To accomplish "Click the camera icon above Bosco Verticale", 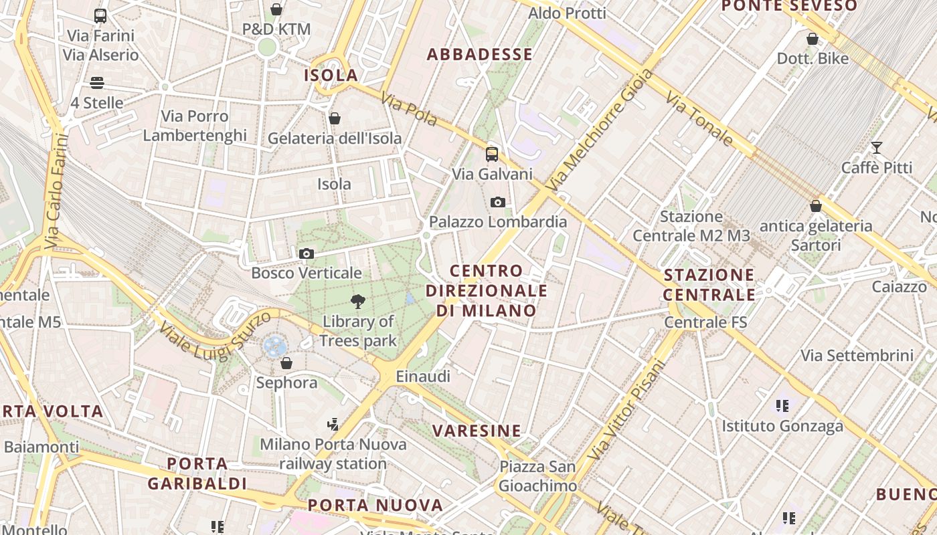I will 307,254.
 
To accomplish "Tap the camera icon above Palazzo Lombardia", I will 497,203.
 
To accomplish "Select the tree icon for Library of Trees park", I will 358,302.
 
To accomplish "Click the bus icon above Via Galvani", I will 492,154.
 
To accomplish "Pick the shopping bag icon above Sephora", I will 286,363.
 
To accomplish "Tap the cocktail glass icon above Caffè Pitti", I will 877,148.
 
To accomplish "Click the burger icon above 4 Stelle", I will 97,83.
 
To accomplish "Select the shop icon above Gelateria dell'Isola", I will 335,119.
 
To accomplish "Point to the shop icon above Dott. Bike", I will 813,39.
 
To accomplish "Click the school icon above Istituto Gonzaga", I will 782,405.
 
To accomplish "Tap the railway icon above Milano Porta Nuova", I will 333,424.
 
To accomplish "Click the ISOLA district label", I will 331,75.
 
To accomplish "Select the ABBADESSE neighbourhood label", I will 480,55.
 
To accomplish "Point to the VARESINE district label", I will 477,431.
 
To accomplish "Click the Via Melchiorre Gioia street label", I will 598,130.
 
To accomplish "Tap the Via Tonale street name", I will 699,118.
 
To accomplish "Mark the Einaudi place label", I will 423,377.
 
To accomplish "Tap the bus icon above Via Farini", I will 100,16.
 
